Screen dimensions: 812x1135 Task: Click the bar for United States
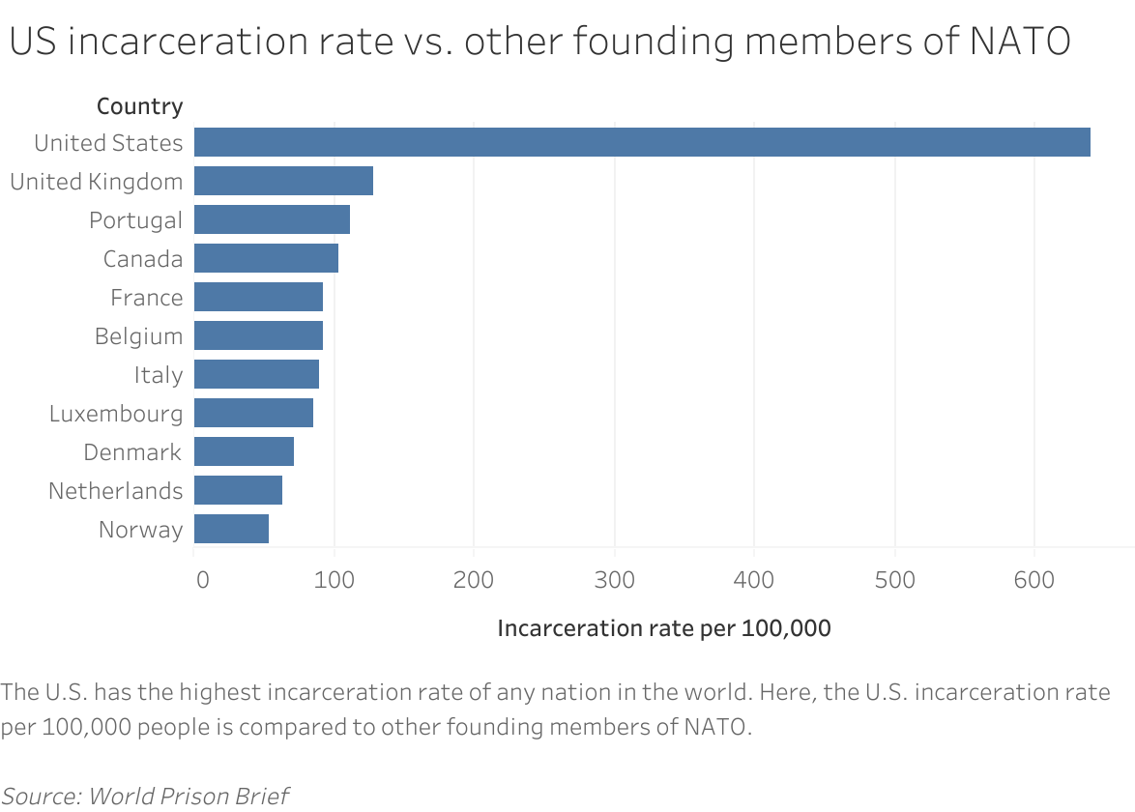(642, 142)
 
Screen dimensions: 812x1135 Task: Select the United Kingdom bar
(283, 181)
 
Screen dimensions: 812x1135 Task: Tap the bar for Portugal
(272, 219)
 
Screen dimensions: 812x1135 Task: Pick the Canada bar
(266, 258)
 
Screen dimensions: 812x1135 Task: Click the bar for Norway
(231, 529)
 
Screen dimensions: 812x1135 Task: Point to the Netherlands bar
(238, 490)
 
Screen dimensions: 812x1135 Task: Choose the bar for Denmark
(244, 451)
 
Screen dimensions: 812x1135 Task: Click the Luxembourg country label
(116, 414)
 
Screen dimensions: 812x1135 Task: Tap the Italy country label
(159, 375)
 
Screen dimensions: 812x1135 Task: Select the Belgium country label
(138, 336)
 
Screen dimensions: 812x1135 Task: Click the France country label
(146, 298)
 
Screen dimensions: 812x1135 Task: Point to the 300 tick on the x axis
(614, 580)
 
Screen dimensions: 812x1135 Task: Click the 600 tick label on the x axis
(1034, 580)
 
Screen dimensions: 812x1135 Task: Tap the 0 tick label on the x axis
(202, 580)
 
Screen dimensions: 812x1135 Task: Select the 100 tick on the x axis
(335, 580)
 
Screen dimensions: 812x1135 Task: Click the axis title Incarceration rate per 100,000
(663, 628)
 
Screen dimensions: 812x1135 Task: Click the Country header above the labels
(139, 106)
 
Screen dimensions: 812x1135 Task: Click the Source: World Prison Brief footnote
(145, 796)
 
